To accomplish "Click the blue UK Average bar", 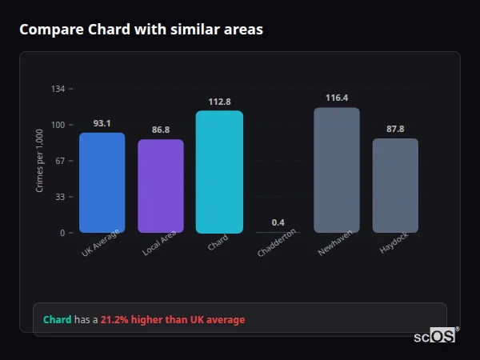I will tap(102, 182).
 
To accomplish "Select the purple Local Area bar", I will tap(161, 186).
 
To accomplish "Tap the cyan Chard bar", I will tap(219, 171).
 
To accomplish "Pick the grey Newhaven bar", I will tap(337, 170).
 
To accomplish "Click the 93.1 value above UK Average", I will tap(102, 123).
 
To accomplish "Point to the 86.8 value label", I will tap(161, 130).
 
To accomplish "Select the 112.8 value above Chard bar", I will tap(219, 102).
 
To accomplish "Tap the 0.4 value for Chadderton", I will tap(278, 222).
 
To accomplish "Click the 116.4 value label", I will tap(337, 98).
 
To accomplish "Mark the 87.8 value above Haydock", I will tap(395, 129).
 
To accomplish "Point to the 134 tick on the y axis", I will tap(58, 89).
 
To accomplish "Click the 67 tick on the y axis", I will tap(60, 161).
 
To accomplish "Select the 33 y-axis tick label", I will tap(60, 197).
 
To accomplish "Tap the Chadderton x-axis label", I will tap(277, 242).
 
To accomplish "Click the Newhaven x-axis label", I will tap(335, 242).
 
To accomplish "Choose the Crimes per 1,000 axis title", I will tap(40, 161).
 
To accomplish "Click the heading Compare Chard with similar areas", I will tap(141, 30).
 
